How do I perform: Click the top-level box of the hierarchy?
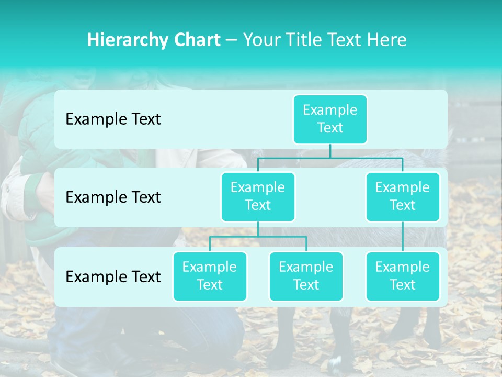pyautogui.click(x=330, y=119)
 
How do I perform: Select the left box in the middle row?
pyautogui.click(x=258, y=196)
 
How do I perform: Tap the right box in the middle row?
pyautogui.click(x=403, y=196)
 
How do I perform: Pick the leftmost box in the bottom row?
pyautogui.click(x=210, y=276)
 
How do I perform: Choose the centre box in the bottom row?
pyautogui.click(x=306, y=276)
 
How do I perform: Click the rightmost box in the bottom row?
pyautogui.click(x=403, y=276)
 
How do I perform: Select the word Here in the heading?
pyautogui.click(x=387, y=40)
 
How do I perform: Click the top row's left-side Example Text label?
pyautogui.click(x=113, y=119)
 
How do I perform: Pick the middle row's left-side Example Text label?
pyautogui.click(x=113, y=197)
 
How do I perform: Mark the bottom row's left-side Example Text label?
pyautogui.click(x=113, y=276)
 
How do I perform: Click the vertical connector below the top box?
pyautogui.click(x=330, y=151)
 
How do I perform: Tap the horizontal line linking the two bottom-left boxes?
pyautogui.click(x=258, y=237)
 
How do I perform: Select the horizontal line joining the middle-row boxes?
pyautogui.click(x=330, y=158)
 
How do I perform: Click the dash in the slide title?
pyautogui.click(x=232, y=40)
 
